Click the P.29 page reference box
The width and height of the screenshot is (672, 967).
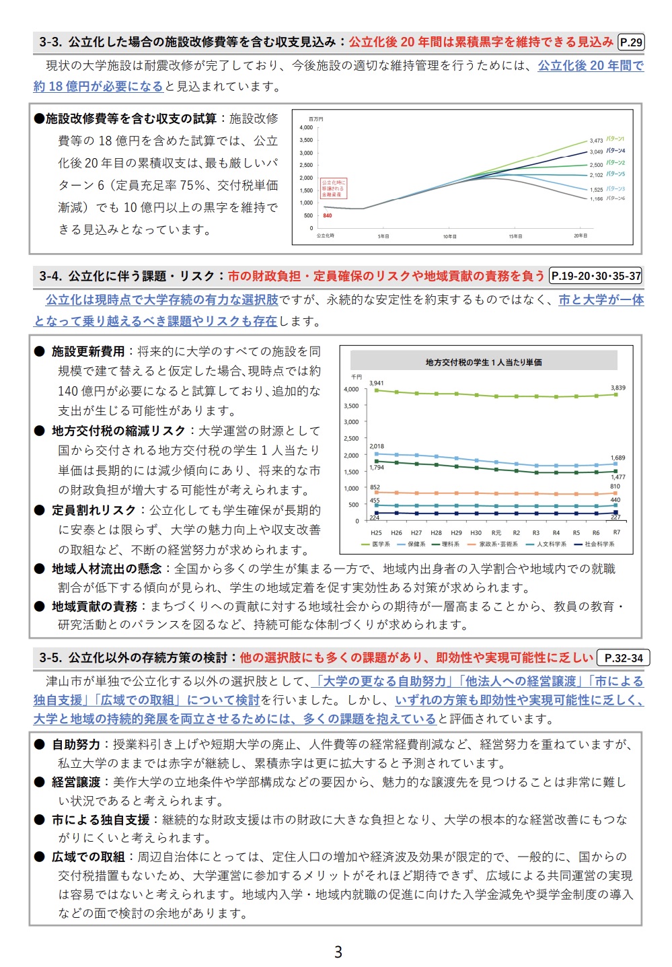(630, 42)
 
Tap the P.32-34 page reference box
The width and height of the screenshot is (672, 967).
(624, 658)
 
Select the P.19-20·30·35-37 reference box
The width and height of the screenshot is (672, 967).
(596, 276)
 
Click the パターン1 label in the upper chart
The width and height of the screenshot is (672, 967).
(615, 139)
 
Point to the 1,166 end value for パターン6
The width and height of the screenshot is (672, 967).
(597, 199)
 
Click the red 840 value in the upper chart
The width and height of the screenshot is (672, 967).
(328, 216)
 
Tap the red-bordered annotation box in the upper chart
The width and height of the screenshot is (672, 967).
(333, 188)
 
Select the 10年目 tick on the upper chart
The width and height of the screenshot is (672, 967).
(449, 236)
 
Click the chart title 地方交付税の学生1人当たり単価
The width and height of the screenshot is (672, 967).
(483, 362)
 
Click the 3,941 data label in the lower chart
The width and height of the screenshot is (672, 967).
(377, 383)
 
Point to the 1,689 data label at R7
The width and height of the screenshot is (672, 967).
(618, 458)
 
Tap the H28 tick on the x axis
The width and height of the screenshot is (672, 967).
(436, 532)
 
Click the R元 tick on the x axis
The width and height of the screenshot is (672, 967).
(496, 532)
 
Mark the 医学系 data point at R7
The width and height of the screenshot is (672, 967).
(616, 394)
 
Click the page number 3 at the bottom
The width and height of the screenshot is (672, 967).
(338, 952)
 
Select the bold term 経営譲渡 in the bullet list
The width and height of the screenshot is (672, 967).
(76, 782)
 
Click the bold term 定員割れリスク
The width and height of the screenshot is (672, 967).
(94, 510)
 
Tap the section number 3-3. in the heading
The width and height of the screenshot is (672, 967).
(51, 42)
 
